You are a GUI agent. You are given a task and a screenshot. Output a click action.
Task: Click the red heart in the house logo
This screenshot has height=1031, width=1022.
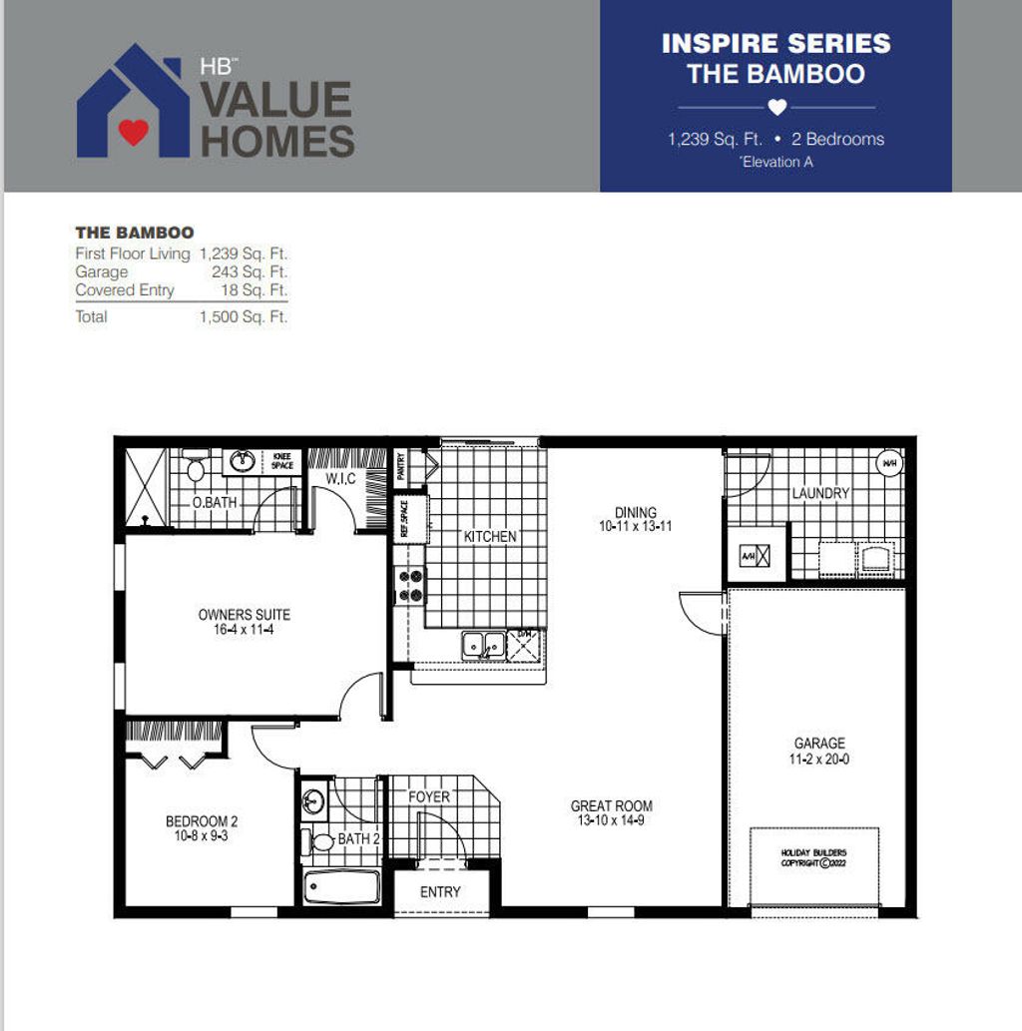(133, 131)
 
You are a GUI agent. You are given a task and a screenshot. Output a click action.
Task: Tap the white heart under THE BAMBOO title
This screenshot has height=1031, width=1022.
(777, 107)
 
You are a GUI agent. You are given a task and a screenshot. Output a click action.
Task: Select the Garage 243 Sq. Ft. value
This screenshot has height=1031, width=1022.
(250, 271)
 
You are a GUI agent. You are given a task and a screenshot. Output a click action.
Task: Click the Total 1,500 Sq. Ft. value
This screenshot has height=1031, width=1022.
(245, 316)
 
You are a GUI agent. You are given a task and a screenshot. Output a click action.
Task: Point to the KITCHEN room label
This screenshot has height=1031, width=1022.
(490, 536)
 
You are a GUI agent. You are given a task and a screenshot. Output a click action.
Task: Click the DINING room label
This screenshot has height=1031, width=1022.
(635, 513)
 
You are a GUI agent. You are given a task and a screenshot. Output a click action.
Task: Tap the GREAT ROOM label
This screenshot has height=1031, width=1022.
(611, 805)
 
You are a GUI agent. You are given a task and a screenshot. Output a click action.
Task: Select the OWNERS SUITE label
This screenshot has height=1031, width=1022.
(245, 615)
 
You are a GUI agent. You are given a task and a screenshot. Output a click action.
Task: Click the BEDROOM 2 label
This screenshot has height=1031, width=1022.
(202, 821)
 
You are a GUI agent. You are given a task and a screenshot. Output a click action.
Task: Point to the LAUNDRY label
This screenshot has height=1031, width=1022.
(820, 493)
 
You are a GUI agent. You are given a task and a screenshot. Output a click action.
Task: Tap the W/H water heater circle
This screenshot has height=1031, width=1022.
(888, 463)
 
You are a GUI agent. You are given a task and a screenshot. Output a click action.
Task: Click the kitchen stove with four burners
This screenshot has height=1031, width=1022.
(411, 585)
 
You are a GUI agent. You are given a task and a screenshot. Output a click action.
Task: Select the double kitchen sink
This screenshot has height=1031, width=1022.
(483, 645)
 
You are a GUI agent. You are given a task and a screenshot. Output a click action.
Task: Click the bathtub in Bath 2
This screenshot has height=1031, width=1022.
(341, 886)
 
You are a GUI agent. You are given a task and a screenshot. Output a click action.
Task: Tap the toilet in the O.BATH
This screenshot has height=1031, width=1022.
(196, 468)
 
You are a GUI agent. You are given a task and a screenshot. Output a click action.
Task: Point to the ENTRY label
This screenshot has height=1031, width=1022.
(440, 891)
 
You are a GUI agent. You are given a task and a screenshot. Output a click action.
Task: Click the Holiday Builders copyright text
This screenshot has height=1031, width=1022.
(814, 857)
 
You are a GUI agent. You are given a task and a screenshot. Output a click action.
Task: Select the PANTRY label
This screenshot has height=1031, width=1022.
(401, 465)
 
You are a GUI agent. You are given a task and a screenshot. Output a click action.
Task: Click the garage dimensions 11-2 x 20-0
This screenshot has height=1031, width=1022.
(819, 760)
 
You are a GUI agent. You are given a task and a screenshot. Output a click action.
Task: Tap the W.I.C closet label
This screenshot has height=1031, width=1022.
(340, 479)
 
